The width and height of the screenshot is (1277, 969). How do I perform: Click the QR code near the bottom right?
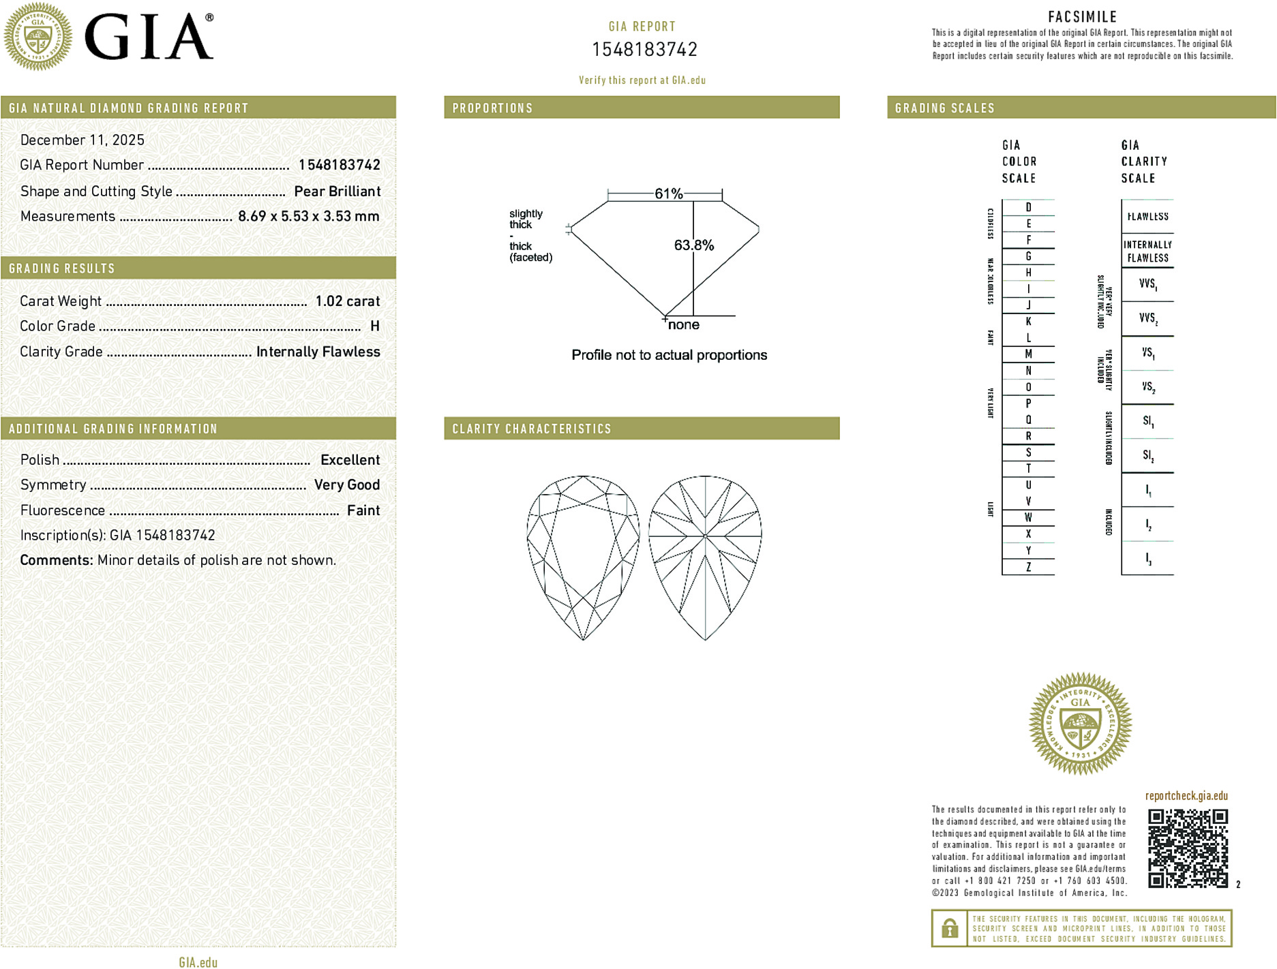1188,848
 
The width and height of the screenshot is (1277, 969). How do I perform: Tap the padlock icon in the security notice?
949,928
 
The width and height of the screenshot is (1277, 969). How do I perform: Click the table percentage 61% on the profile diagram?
668,194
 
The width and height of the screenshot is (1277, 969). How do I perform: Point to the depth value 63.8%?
694,245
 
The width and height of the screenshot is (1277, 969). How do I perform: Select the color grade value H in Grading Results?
374,326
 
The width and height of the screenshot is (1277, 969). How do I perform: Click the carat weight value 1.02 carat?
347,301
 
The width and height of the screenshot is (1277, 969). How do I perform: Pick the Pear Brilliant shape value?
337,191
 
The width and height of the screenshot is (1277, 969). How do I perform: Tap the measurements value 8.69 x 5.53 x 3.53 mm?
308,217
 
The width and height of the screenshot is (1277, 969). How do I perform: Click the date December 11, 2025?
82,140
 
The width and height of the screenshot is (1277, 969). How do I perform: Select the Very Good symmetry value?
346,485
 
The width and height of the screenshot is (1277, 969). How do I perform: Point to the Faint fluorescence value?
363,510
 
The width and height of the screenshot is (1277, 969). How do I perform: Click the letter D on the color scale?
1028,208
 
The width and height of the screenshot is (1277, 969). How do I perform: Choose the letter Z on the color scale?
1028,567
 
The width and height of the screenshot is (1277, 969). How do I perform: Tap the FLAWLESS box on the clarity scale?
1147,217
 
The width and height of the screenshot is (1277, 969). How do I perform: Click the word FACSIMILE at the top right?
1082,17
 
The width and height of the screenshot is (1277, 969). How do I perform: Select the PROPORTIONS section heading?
492,108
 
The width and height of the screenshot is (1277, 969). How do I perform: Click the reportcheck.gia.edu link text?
1186,796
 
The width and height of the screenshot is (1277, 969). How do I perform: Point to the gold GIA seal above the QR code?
1080,724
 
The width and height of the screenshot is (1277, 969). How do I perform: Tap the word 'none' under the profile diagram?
683,325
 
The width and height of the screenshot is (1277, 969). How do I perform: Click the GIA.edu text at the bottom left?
198,962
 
